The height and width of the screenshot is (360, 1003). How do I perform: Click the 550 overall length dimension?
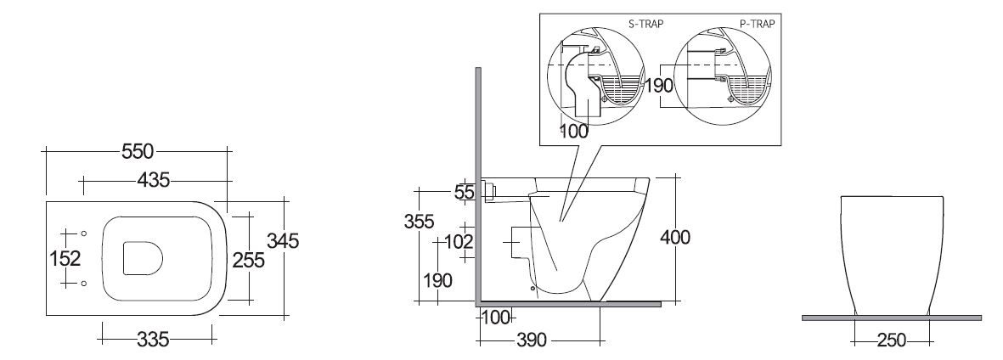(x=138, y=151)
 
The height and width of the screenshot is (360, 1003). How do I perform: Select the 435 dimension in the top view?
(x=154, y=181)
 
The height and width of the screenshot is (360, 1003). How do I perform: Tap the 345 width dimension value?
(x=283, y=241)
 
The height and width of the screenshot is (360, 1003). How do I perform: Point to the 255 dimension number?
(x=249, y=261)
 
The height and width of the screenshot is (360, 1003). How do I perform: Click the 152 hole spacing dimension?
(x=65, y=259)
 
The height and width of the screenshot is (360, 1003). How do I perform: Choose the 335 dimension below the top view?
(x=154, y=340)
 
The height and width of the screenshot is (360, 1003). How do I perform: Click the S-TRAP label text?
(x=645, y=24)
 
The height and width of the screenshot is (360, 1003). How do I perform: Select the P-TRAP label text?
(x=758, y=24)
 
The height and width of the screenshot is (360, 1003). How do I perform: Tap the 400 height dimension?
(x=675, y=237)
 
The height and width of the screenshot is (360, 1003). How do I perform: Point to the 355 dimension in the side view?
(x=419, y=222)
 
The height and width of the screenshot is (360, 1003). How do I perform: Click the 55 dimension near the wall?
(x=465, y=192)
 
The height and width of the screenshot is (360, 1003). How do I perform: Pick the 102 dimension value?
(x=459, y=242)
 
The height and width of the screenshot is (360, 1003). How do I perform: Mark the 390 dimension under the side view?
(x=531, y=340)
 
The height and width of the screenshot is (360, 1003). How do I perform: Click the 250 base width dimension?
(x=892, y=340)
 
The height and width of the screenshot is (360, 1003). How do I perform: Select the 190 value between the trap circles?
(x=660, y=85)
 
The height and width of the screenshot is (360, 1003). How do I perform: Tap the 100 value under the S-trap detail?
(x=574, y=132)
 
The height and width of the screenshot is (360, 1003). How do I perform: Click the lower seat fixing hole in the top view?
(x=84, y=284)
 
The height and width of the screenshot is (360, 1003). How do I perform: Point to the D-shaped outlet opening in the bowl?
(x=141, y=258)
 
